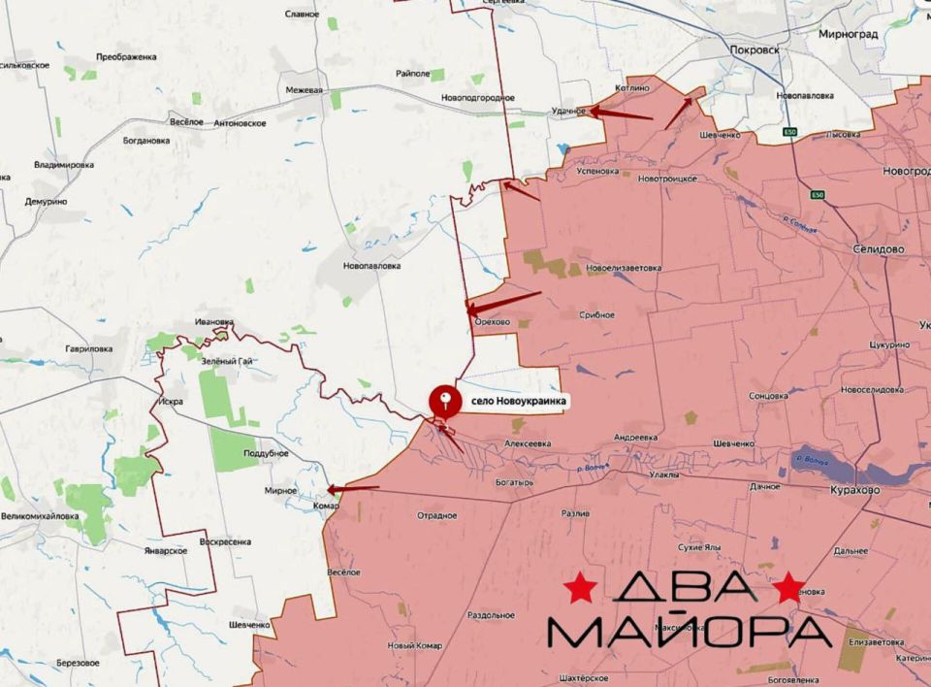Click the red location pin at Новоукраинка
445,398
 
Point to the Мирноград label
848,34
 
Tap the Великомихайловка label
40,516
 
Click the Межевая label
304,90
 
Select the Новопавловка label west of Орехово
371,265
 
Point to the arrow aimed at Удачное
621,114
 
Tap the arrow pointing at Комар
353,488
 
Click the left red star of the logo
581,587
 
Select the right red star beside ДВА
788,586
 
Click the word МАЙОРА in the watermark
690,632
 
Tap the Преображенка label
126,57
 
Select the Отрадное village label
436,515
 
